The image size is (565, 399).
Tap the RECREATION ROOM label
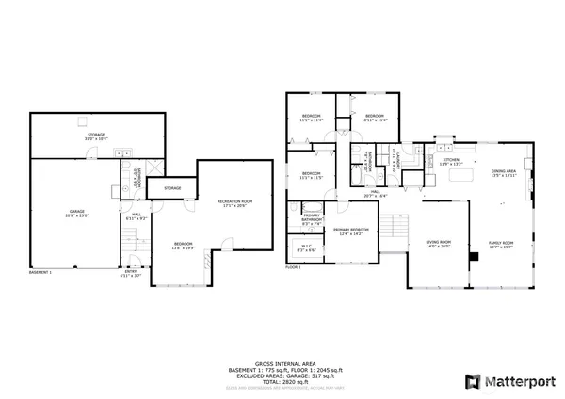pyautogui.click(x=234, y=203)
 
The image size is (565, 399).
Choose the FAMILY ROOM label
pyautogui.click(x=501, y=244)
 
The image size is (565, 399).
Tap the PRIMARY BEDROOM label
pyautogui.click(x=349, y=231)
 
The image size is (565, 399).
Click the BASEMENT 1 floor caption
pyautogui.click(x=40, y=272)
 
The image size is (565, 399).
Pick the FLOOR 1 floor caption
pyautogui.click(x=293, y=267)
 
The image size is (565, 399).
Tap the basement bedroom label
pyautogui.click(x=183, y=246)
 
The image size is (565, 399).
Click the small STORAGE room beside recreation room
pyautogui.click(x=171, y=188)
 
